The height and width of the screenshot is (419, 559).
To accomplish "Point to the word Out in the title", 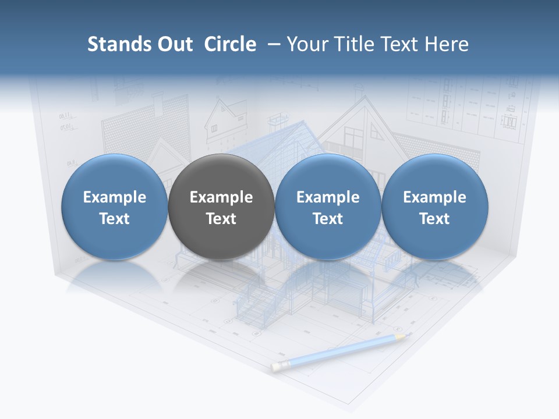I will pyautogui.click(x=176, y=44).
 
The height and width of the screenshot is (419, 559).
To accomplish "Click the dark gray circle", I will pyautogui.click(x=221, y=206).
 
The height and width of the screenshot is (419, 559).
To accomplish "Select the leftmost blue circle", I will pyautogui.click(x=115, y=206).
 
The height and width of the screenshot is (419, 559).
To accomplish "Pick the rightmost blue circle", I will pyautogui.click(x=434, y=206).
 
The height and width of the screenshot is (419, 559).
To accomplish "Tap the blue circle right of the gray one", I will pyautogui.click(x=328, y=206).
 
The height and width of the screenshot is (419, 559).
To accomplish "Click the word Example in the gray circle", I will pyautogui.click(x=221, y=197).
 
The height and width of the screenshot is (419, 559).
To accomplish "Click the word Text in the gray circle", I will pyautogui.click(x=221, y=219).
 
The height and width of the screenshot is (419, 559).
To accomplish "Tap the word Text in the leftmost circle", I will pyautogui.click(x=115, y=219).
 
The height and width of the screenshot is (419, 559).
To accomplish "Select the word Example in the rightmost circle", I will pyautogui.click(x=434, y=197).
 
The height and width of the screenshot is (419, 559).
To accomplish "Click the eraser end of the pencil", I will pyautogui.click(x=276, y=366).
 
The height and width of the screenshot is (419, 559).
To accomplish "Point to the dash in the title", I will pyautogui.click(x=271, y=44).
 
